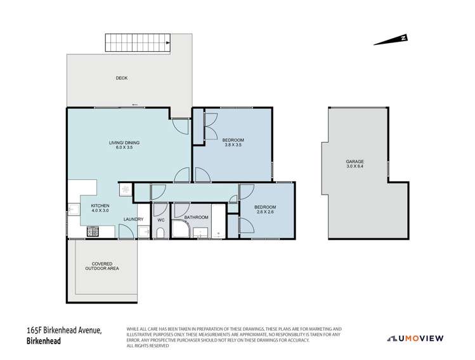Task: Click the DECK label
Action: (x=122, y=78)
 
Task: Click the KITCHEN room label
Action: (x=100, y=207)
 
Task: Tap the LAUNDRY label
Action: (x=133, y=219)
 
